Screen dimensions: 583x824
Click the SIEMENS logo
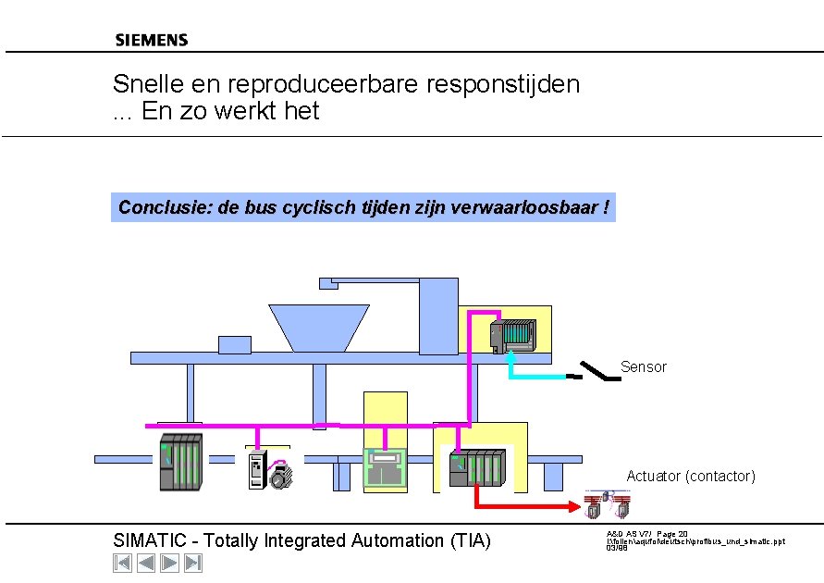coord(152,40)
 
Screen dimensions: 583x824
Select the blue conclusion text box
coord(363,207)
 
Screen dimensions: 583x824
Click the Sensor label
coord(643,367)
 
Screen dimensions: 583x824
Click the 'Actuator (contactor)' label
coord(691,476)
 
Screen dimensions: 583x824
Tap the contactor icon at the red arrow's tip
coord(608,505)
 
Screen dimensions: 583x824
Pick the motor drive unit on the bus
coord(267,470)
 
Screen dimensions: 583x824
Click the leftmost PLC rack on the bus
coord(180,461)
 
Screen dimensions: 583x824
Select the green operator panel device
coord(385,467)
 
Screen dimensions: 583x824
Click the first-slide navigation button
coord(122,563)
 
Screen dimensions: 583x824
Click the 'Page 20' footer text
coord(672,534)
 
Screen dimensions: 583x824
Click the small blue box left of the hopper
coord(234,344)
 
